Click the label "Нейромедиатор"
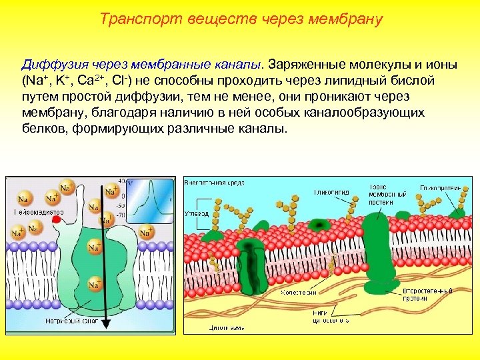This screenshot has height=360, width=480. (x=39, y=212)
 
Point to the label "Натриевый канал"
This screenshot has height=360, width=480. (x=73, y=321)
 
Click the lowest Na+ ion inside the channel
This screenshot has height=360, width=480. (x=96, y=284)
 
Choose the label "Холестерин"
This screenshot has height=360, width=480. (x=298, y=291)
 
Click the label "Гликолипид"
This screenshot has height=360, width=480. (x=331, y=192)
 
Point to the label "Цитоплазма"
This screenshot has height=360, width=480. (x=227, y=327)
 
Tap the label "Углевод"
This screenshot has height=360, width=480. (x=196, y=214)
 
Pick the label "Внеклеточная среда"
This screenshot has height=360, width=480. (x=215, y=181)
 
